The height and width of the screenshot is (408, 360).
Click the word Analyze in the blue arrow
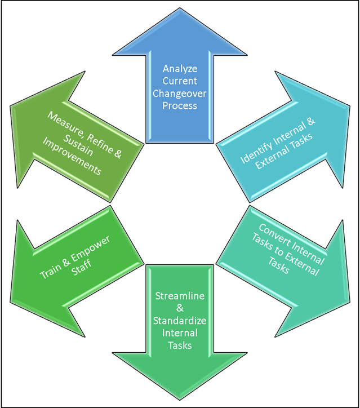click(x=180, y=69)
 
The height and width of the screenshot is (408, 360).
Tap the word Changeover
click(x=180, y=94)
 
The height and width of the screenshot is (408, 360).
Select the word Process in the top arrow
click(x=180, y=106)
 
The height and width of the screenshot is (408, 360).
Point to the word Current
click(x=180, y=81)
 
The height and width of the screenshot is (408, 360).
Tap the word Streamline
click(x=180, y=296)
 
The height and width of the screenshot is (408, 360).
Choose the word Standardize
click(x=180, y=321)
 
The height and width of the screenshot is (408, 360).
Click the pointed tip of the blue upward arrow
click(x=180, y=23)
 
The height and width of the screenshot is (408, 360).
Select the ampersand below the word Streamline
click(x=180, y=308)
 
